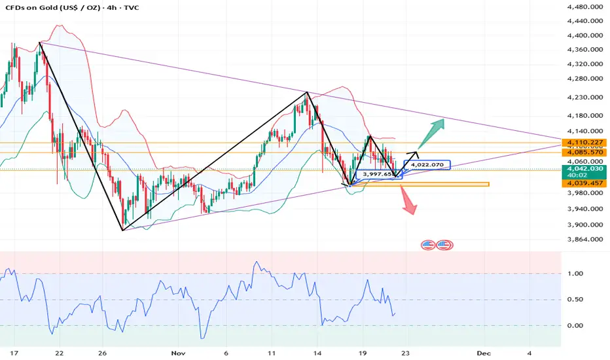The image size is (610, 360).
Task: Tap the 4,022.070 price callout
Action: tap(427, 164)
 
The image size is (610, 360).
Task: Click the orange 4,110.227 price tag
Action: tap(585, 142)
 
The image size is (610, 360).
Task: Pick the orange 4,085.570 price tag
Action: tap(585, 152)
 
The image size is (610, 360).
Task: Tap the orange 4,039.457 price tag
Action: tap(585, 184)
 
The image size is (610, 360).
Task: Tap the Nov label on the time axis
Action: tap(178, 352)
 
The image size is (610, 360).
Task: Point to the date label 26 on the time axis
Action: tap(103, 352)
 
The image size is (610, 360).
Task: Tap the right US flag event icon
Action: tap(444, 245)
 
